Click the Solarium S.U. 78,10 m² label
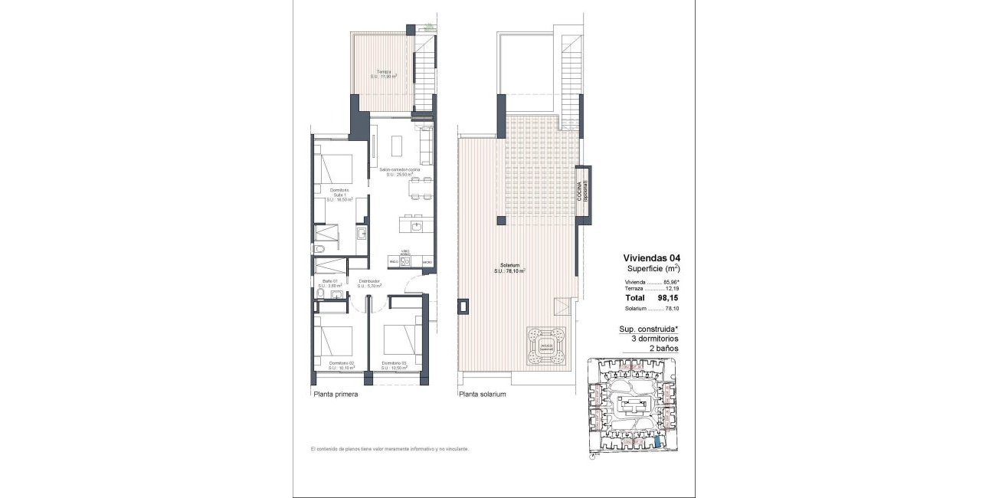(x=509, y=269)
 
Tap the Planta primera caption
(x=336, y=395)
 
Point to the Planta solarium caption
(x=483, y=395)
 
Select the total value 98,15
(x=668, y=297)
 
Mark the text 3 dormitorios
(x=650, y=339)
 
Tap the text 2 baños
(x=661, y=348)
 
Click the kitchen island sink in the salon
(x=418, y=226)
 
